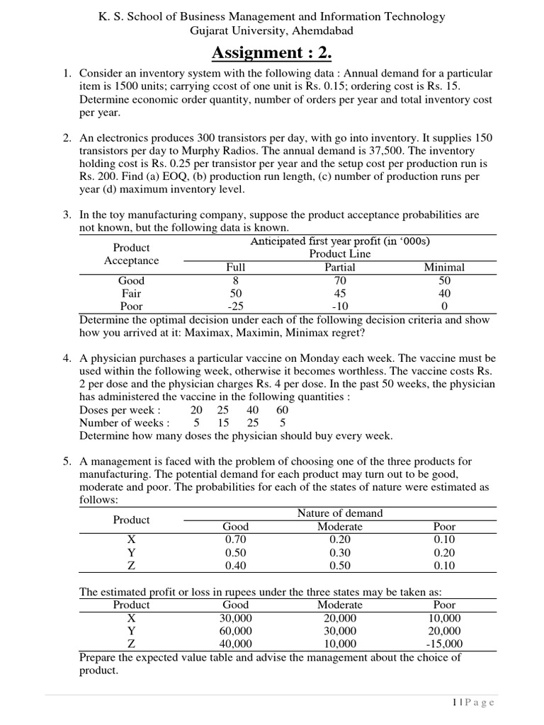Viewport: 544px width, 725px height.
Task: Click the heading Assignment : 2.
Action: pos(271,52)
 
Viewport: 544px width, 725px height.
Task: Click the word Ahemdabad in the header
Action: pos(322,30)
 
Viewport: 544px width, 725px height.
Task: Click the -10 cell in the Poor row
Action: pos(339,307)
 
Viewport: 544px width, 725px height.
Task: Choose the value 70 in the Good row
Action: pos(339,280)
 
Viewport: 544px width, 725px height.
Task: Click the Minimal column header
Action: pos(444,267)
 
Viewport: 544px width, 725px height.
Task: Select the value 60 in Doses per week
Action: pos(282,410)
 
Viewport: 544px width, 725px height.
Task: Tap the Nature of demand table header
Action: pos(339,513)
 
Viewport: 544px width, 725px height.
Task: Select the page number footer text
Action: pos(472,702)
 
